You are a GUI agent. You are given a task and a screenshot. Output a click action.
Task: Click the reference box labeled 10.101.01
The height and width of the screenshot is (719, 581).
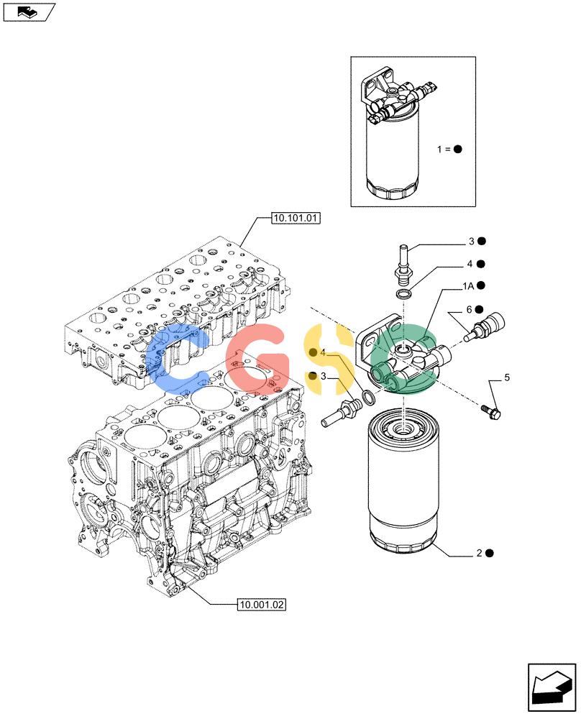296,219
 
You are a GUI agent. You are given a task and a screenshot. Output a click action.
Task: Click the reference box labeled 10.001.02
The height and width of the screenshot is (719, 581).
262,605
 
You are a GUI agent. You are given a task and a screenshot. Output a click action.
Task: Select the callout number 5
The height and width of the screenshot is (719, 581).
507,377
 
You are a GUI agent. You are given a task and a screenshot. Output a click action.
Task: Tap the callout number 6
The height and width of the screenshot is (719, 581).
469,309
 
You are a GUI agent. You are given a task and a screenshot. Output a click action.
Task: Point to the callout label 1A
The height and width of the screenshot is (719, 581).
467,286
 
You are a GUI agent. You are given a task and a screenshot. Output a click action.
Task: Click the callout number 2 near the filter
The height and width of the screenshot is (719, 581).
479,553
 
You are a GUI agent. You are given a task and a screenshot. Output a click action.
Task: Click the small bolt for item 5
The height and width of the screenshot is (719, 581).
491,411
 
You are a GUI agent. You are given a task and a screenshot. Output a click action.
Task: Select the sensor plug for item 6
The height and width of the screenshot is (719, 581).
484,326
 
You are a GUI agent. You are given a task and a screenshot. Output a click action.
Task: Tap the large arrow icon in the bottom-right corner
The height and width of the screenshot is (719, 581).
552,690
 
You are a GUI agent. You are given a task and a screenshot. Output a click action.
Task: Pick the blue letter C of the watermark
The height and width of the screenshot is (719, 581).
177,359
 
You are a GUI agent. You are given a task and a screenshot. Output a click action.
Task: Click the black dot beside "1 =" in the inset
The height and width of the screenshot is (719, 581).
457,149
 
